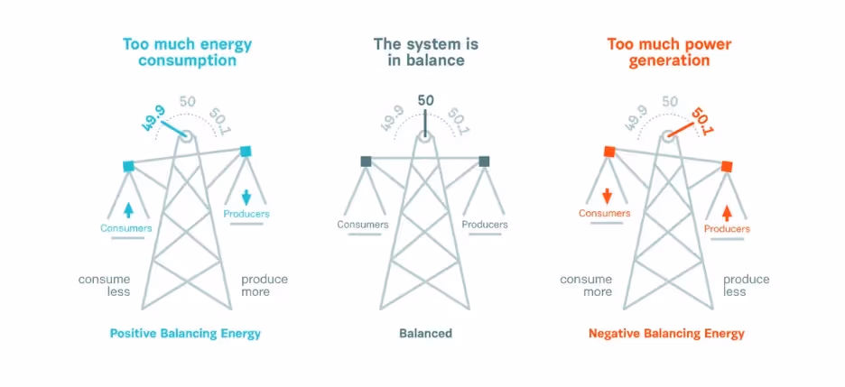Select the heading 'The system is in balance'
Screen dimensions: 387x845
tap(425, 52)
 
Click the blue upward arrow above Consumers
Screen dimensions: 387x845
tap(128, 209)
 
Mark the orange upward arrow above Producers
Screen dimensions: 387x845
tap(727, 213)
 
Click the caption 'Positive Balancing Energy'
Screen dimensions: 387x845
tap(185, 334)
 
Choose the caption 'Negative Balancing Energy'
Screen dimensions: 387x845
tap(666, 334)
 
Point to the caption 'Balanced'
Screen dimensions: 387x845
tap(425, 334)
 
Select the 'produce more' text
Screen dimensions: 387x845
tap(265, 285)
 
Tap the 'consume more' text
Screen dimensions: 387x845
tap(586, 285)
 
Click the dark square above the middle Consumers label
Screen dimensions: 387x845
tap(366, 161)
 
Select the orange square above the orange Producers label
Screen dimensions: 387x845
tap(727, 166)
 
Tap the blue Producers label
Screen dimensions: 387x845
tap(246, 214)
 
